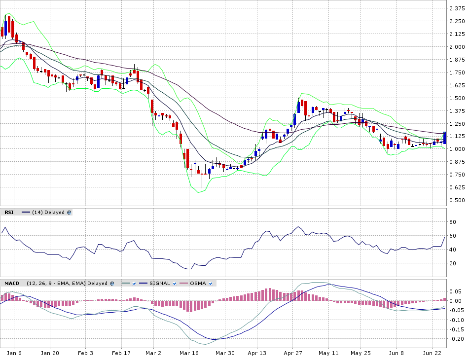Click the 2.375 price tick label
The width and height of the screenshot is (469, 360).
[x=456, y=8]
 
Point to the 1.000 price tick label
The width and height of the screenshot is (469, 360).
[x=456, y=149]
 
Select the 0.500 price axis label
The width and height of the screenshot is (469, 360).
[x=456, y=200]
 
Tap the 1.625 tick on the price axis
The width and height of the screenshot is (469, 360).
[x=456, y=85]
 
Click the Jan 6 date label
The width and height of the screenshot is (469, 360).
[x=14, y=353]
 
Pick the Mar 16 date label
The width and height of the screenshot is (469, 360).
[x=189, y=353]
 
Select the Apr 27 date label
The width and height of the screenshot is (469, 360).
[x=293, y=353]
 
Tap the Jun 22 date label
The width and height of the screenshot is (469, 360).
[x=433, y=353]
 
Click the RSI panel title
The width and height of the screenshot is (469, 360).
[x=9, y=213]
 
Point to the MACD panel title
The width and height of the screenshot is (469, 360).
[x=11, y=284]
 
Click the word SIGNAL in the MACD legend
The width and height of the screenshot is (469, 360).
[x=160, y=284]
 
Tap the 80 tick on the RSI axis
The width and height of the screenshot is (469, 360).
[x=452, y=222]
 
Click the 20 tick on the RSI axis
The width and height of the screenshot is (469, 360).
[x=452, y=263]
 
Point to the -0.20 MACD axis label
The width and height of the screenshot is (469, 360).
[x=456, y=339]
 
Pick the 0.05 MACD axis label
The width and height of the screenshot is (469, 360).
[x=456, y=291]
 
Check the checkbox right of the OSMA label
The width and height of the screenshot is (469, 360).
[x=211, y=284]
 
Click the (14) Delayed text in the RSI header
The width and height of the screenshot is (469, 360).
[x=48, y=213]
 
